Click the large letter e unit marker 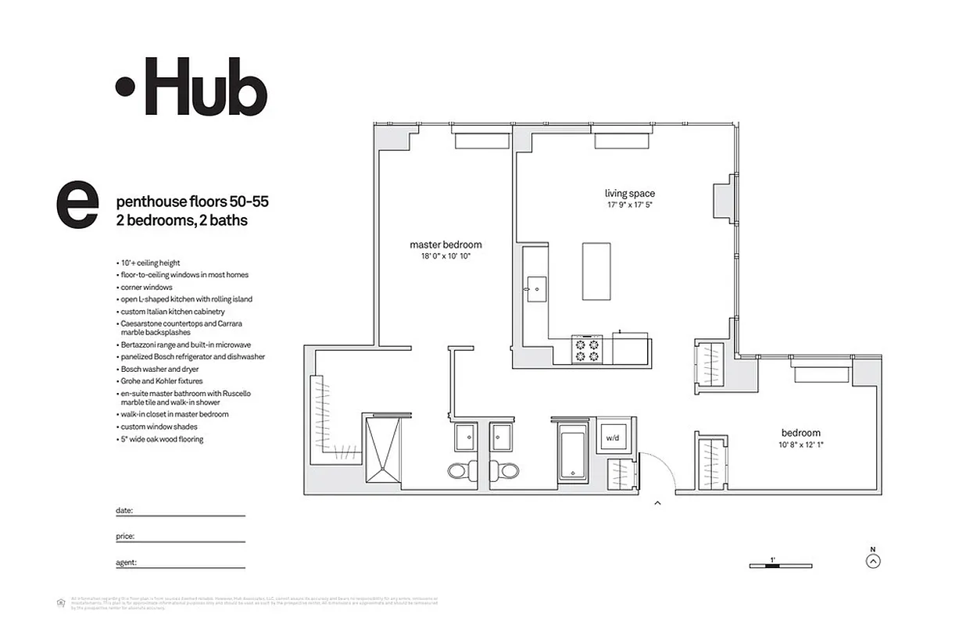77,205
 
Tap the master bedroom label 445,245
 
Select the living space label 629,194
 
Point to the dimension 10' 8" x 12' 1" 800,445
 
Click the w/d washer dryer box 612,438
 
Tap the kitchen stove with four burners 587,348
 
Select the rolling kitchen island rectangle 596,270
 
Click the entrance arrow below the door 657,504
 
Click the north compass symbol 873,559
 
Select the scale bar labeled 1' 780,565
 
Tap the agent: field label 127,562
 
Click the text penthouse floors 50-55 191,202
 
